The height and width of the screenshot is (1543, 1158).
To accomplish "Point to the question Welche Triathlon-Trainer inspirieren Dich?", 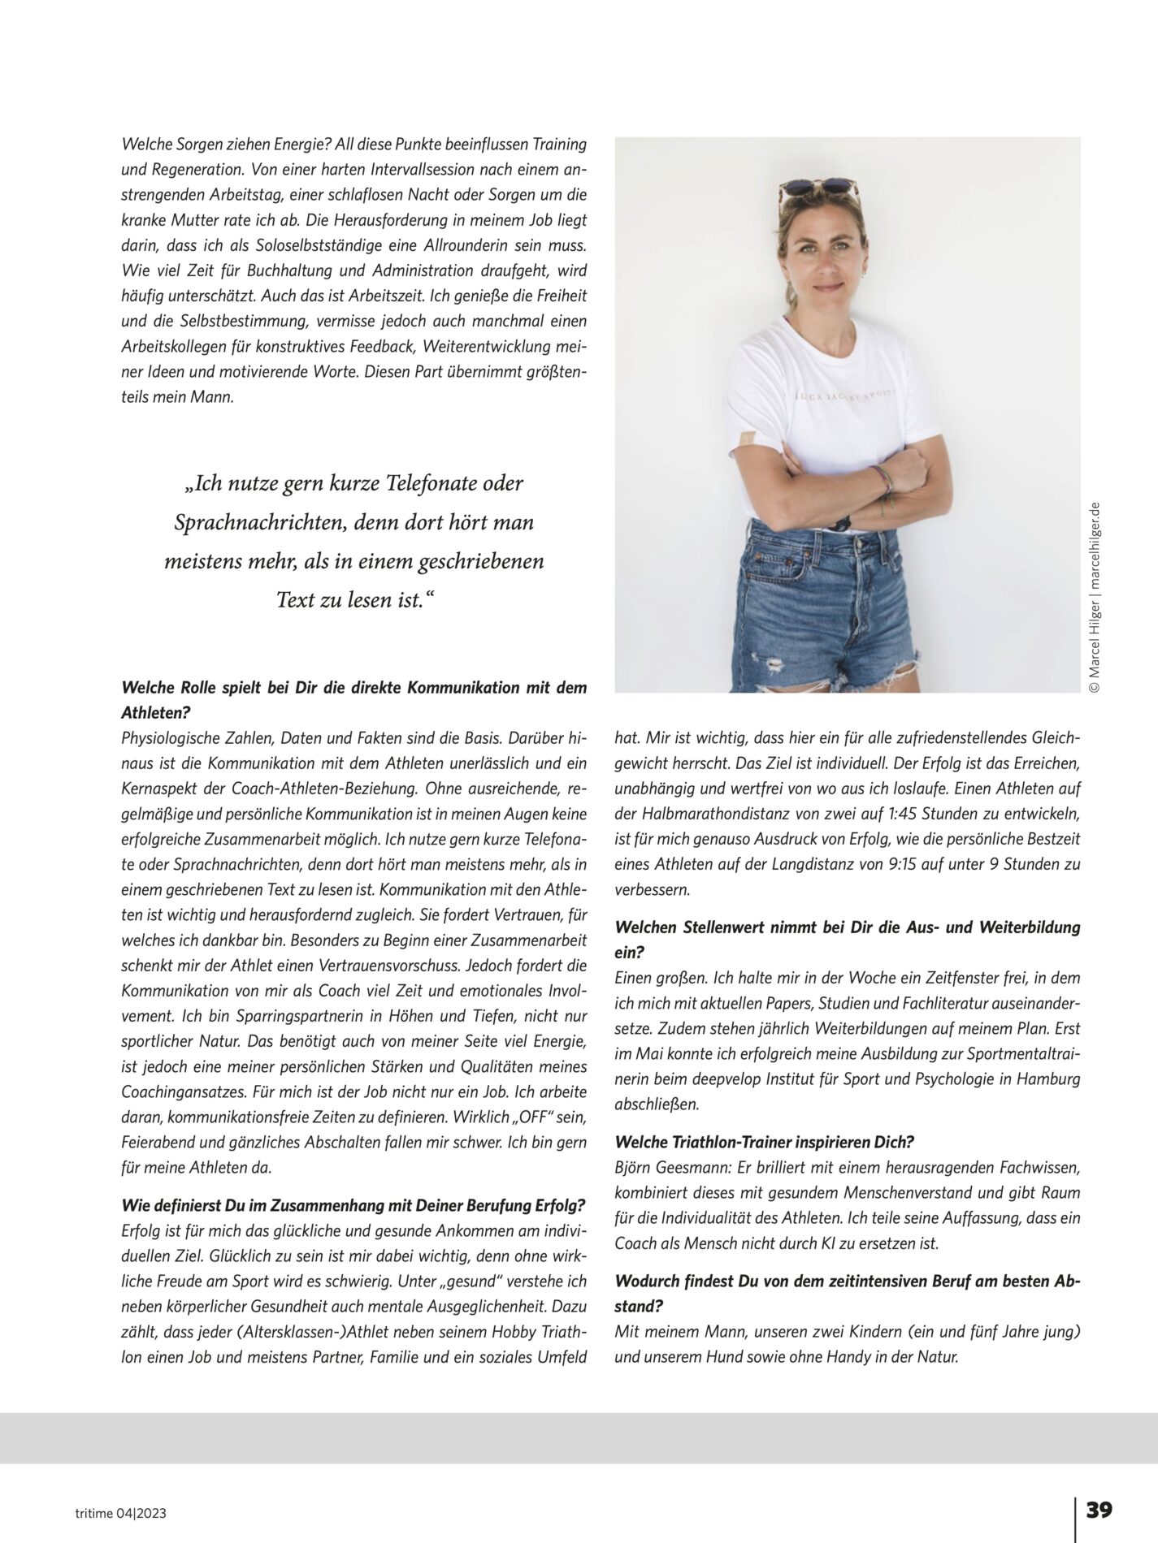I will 765,1142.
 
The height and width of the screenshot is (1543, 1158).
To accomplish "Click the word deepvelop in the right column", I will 722,1080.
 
